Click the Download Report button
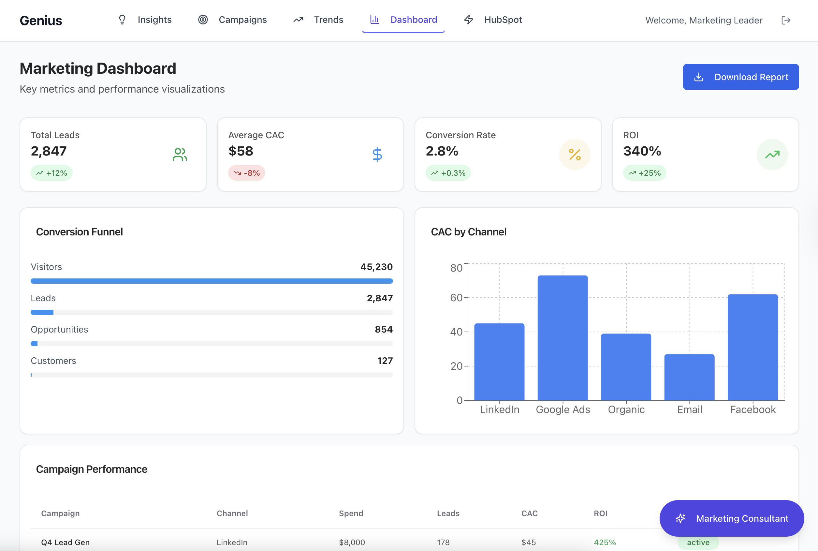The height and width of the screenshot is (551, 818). point(741,77)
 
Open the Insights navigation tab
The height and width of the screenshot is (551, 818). point(145,20)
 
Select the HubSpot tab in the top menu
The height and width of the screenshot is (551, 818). point(493,20)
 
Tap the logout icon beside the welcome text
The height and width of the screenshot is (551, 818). point(786,21)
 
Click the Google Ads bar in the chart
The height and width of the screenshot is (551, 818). point(563,338)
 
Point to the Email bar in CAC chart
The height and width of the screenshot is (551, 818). point(690,377)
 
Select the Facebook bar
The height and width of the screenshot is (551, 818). point(753,347)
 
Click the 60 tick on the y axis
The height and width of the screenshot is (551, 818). point(456,298)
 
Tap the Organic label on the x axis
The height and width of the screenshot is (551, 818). point(626,410)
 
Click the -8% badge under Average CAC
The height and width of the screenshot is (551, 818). point(247,173)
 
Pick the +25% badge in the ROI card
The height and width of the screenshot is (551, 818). point(645,173)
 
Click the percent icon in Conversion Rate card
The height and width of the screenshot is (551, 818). point(575,155)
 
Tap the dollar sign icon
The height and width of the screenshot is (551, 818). point(377,155)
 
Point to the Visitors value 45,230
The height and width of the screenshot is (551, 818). point(376,267)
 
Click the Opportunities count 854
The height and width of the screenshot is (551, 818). point(384,329)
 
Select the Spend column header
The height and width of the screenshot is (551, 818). point(351,514)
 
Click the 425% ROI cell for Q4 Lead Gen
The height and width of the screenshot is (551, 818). point(605,542)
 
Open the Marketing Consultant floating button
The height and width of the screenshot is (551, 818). point(732,518)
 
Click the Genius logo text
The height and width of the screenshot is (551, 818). point(41,21)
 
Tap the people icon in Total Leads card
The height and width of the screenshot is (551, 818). point(180,155)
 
